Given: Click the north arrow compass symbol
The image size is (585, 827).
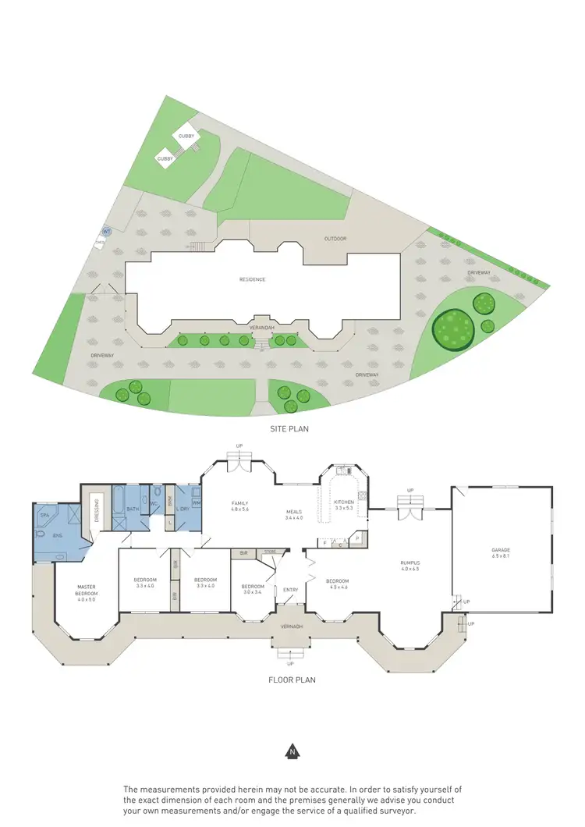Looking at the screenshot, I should [292, 752].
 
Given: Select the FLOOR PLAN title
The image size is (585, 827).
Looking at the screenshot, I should [292, 680].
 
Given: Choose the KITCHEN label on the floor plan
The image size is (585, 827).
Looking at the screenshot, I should [344, 502].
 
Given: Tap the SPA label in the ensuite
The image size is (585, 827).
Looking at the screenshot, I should [44, 515].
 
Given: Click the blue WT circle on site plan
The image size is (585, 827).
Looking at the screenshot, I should [106, 232].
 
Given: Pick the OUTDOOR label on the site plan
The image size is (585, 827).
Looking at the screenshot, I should [335, 239].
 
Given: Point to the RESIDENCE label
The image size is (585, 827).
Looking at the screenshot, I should [253, 279].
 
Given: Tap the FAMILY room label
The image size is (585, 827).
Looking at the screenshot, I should [239, 503].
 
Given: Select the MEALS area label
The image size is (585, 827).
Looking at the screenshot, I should [294, 512].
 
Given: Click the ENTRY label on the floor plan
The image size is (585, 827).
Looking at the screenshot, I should [290, 590].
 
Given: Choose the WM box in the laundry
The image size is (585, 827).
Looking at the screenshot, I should [197, 502].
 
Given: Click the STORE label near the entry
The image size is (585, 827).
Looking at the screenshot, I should [270, 552].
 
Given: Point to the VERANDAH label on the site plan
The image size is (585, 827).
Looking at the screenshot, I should [261, 328].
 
